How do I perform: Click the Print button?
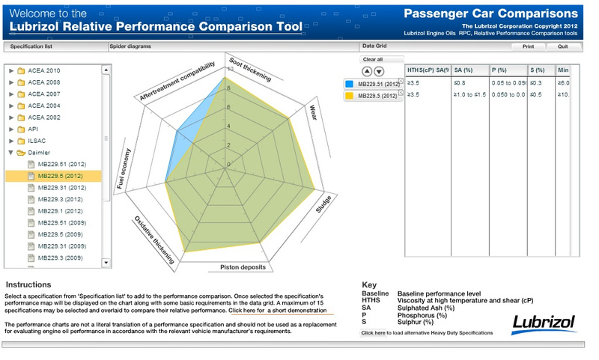(528, 46)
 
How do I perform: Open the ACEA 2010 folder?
(43, 71)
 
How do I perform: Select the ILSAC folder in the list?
(38, 141)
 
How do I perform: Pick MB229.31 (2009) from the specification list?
(61, 246)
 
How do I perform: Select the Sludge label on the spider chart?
(323, 205)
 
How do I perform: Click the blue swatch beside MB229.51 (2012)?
(350, 84)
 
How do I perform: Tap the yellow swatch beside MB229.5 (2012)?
(350, 96)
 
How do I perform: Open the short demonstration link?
(278, 310)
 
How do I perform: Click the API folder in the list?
(32, 129)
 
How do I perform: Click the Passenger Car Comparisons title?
(490, 13)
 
